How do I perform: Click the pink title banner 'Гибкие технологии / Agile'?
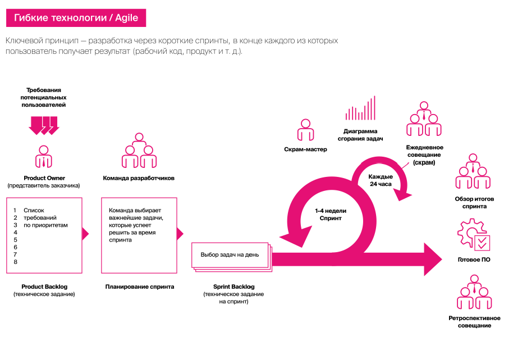click(x=76, y=18)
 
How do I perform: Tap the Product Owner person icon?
click(x=44, y=157)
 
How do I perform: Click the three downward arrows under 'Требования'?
click(x=44, y=125)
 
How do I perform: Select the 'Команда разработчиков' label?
click(x=139, y=178)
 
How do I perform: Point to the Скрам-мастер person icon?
click(x=305, y=131)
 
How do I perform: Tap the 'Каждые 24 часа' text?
click(x=381, y=180)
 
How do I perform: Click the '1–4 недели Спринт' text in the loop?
click(x=331, y=214)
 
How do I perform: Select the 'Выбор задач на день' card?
click(x=230, y=255)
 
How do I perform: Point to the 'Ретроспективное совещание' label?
click(x=474, y=322)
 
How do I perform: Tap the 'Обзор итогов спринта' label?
click(x=474, y=202)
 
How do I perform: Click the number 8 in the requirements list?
click(x=16, y=262)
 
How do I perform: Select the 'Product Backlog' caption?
click(x=44, y=286)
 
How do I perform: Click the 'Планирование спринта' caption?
click(x=140, y=286)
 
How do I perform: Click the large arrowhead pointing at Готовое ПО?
click(x=433, y=258)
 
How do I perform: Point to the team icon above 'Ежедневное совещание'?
click(x=424, y=119)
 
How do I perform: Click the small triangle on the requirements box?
click(x=85, y=234)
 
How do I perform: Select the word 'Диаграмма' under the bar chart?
click(x=360, y=130)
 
